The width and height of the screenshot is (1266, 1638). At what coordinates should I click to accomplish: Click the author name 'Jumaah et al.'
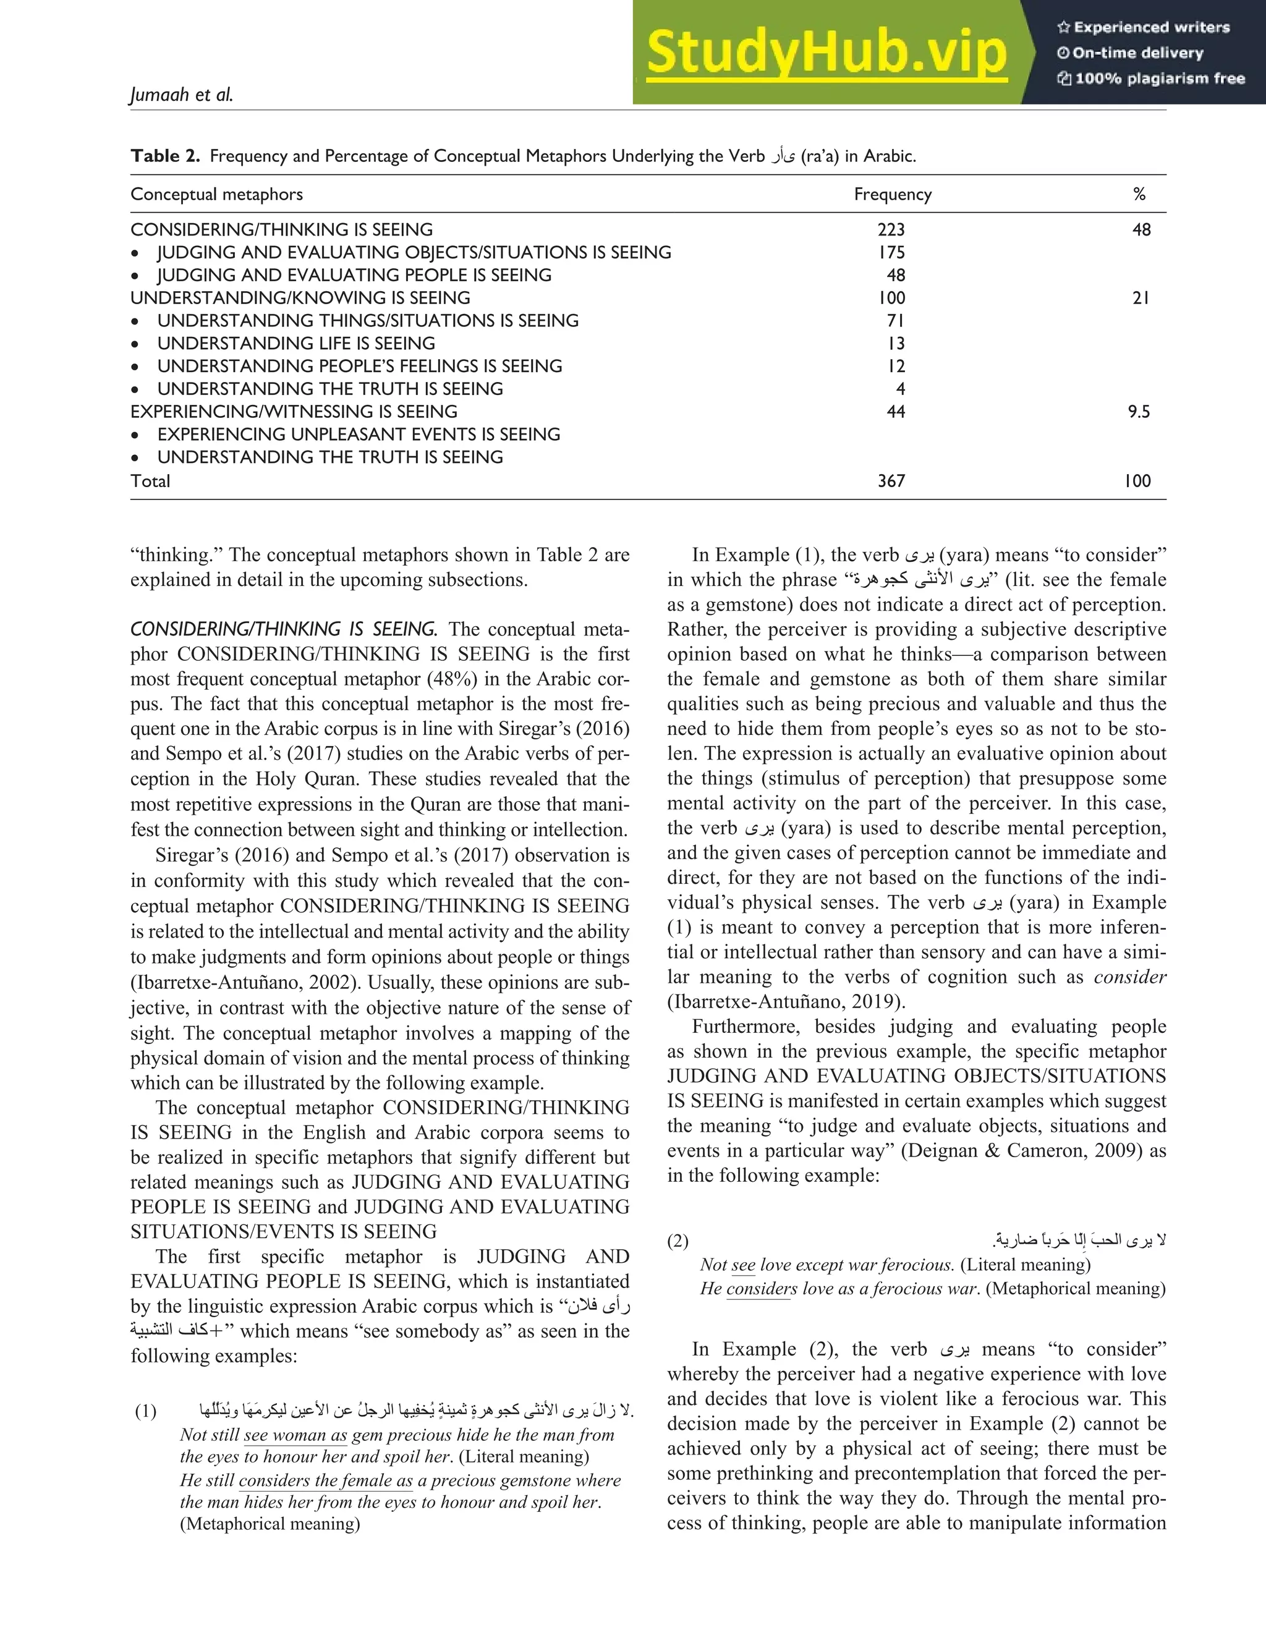point(182,95)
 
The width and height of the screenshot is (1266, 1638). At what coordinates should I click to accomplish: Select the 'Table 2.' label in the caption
point(165,156)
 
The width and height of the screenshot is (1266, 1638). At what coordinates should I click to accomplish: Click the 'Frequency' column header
point(893,194)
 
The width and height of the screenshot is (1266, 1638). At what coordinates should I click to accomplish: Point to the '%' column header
point(1139,194)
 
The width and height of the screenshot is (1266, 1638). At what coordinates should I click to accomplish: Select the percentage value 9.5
point(1139,411)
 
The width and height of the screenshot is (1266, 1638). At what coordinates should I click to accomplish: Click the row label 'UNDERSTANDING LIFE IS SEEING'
point(296,343)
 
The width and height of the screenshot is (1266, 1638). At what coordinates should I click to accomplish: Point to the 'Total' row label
point(150,481)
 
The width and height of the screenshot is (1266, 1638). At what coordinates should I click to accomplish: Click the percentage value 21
point(1140,298)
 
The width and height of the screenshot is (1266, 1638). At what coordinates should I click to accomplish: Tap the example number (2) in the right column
point(678,1241)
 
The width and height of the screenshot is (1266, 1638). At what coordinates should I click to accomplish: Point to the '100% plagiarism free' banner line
point(1151,79)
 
